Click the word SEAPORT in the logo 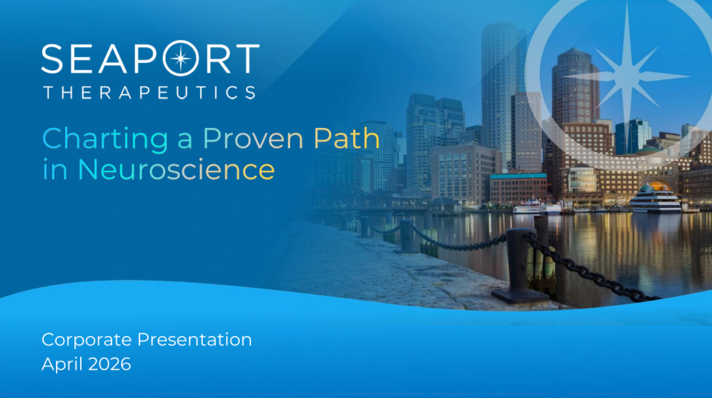(150, 59)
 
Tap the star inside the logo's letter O (181, 59)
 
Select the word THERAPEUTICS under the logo (149, 93)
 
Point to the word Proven (253, 139)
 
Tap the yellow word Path (346, 139)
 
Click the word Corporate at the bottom (86, 340)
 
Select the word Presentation (194, 340)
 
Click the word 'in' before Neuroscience (55, 169)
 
